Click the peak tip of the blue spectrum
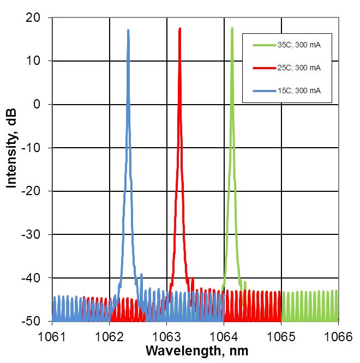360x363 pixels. click(x=128, y=31)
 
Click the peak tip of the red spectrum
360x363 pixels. click(x=179, y=28)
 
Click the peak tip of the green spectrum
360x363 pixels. click(x=232, y=28)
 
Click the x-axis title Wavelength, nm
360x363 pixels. click(x=194, y=350)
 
